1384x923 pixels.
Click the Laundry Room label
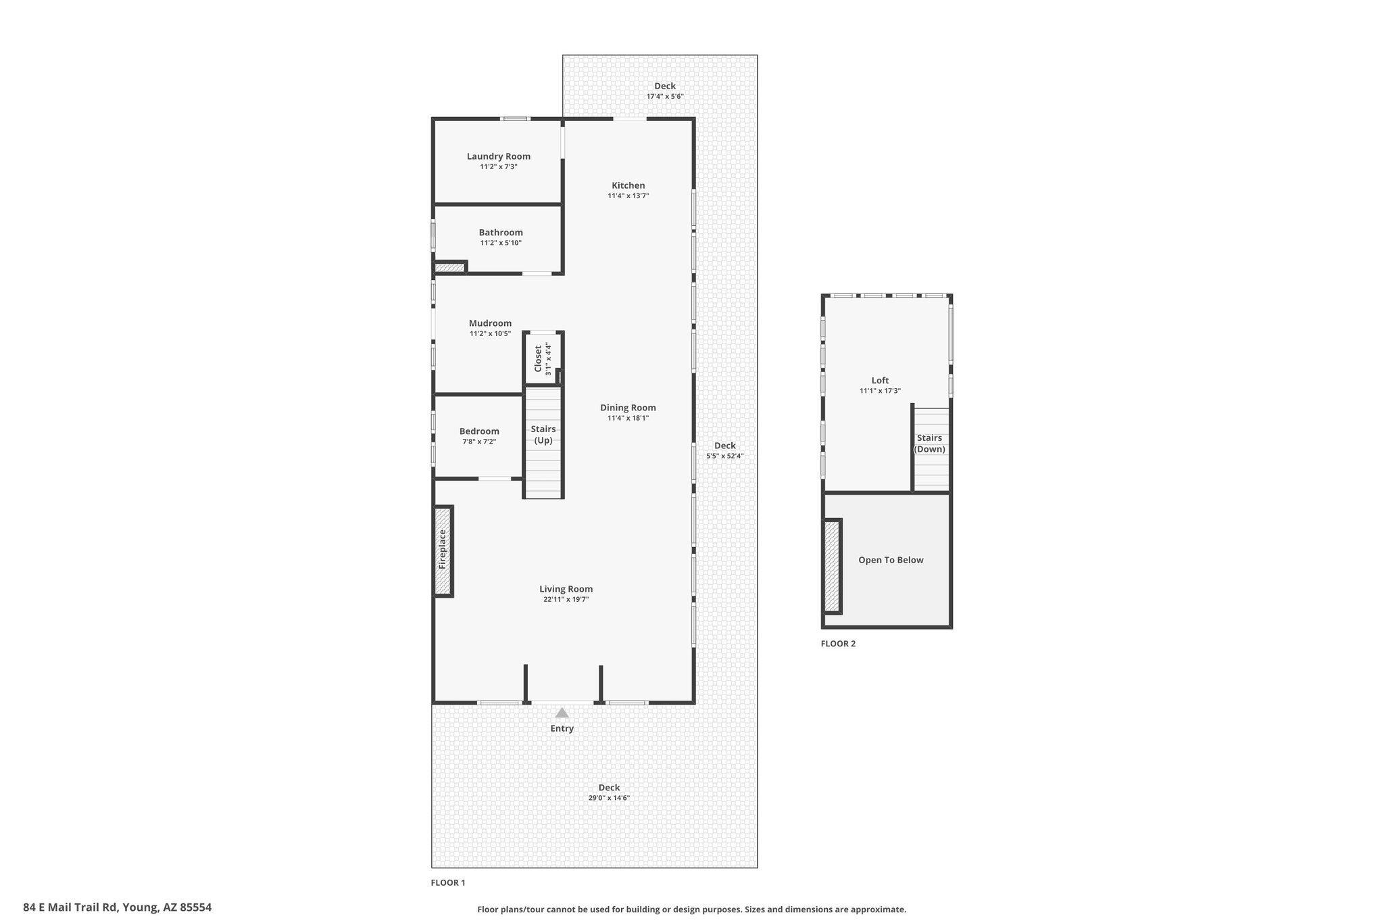pos(499,156)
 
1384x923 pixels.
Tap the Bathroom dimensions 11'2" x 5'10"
pos(501,243)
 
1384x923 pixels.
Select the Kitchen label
pos(628,185)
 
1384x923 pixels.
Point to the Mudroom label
pos(490,323)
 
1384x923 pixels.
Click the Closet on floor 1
pos(543,358)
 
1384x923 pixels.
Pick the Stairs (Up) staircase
pos(543,442)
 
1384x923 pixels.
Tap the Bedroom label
pos(479,431)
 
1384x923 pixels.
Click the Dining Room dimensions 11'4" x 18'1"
pos(628,418)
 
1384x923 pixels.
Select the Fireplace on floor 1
pos(443,551)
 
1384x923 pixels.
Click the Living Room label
pos(566,589)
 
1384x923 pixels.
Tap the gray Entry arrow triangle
pos(562,713)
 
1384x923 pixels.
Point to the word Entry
pos(562,728)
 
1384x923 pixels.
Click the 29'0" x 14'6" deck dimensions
pos(609,798)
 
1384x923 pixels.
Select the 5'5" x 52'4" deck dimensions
pos(725,456)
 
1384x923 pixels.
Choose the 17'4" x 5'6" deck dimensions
pos(665,96)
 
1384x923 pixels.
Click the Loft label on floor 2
pos(880,381)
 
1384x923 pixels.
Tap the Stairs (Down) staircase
pos(931,449)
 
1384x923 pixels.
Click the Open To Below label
pos(891,560)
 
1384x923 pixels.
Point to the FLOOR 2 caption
pos(838,644)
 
